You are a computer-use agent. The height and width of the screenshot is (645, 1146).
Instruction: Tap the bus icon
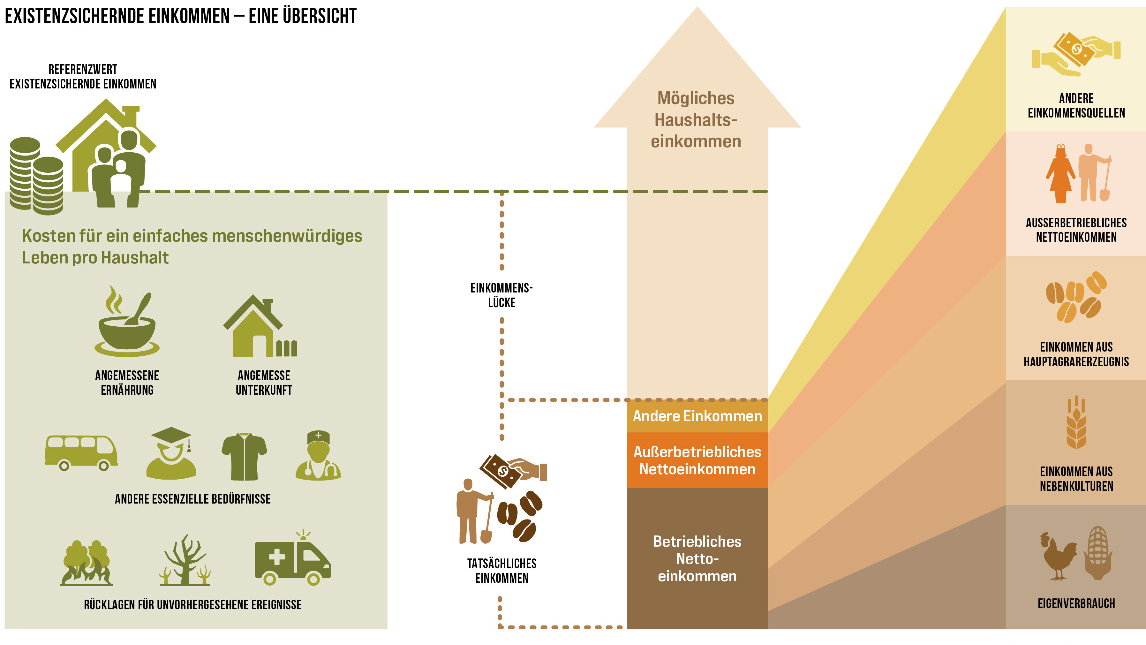tap(81, 452)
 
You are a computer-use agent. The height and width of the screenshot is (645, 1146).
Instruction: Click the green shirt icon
tap(244, 456)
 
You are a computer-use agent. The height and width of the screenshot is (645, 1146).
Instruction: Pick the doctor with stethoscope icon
tap(318, 456)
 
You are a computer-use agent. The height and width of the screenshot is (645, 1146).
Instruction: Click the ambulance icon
tap(293, 559)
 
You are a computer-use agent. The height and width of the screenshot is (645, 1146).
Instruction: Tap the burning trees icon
tap(87, 563)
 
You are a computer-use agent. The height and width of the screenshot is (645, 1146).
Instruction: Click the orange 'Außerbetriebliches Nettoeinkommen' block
tap(697, 460)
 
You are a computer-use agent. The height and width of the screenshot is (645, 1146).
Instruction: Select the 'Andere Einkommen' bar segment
tap(697, 416)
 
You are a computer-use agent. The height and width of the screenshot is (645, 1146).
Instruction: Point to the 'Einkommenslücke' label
tap(501, 295)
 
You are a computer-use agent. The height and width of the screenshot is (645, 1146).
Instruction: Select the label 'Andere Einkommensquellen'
tap(1076, 105)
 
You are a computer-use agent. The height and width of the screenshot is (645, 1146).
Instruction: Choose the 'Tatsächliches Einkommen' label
tap(501, 571)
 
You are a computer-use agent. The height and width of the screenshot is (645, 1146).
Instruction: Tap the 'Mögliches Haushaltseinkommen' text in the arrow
tap(696, 120)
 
